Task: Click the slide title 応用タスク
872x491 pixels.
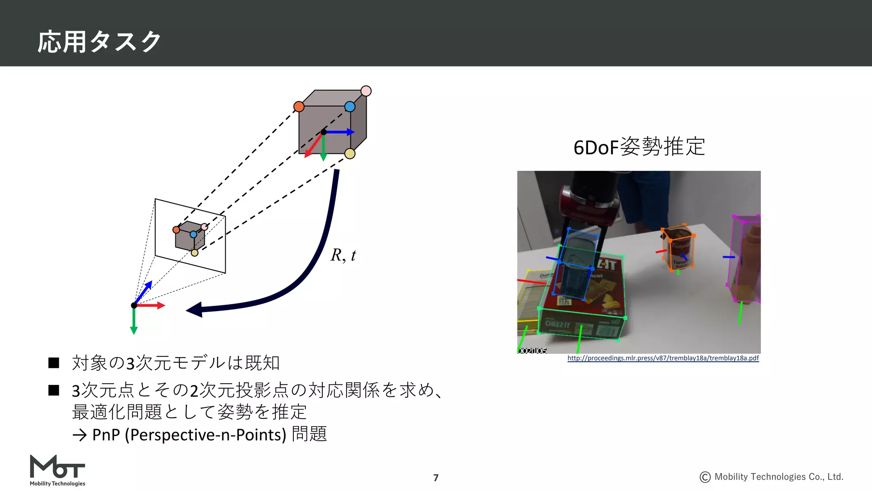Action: pos(99,42)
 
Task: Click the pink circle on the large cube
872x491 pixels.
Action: pos(366,91)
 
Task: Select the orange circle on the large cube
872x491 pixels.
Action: pos(299,107)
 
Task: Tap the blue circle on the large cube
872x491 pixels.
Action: pos(350,107)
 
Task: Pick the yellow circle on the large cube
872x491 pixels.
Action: pos(350,154)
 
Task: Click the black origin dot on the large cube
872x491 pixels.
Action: pos(324,132)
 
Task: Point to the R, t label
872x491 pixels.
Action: pos(343,255)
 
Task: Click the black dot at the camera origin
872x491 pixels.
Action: pos(134,305)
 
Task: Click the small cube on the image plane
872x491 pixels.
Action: pos(189,237)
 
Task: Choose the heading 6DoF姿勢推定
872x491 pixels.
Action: pos(639,147)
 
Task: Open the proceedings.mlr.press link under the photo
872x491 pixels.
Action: pos(663,358)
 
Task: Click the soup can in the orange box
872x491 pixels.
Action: pos(680,249)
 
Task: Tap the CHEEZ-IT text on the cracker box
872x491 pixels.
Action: pos(557,324)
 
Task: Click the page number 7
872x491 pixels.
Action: pos(436,478)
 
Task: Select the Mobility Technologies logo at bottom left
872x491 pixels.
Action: pos(57,471)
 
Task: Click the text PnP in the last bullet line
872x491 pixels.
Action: pos(106,435)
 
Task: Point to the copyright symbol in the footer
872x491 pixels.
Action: pos(705,477)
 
